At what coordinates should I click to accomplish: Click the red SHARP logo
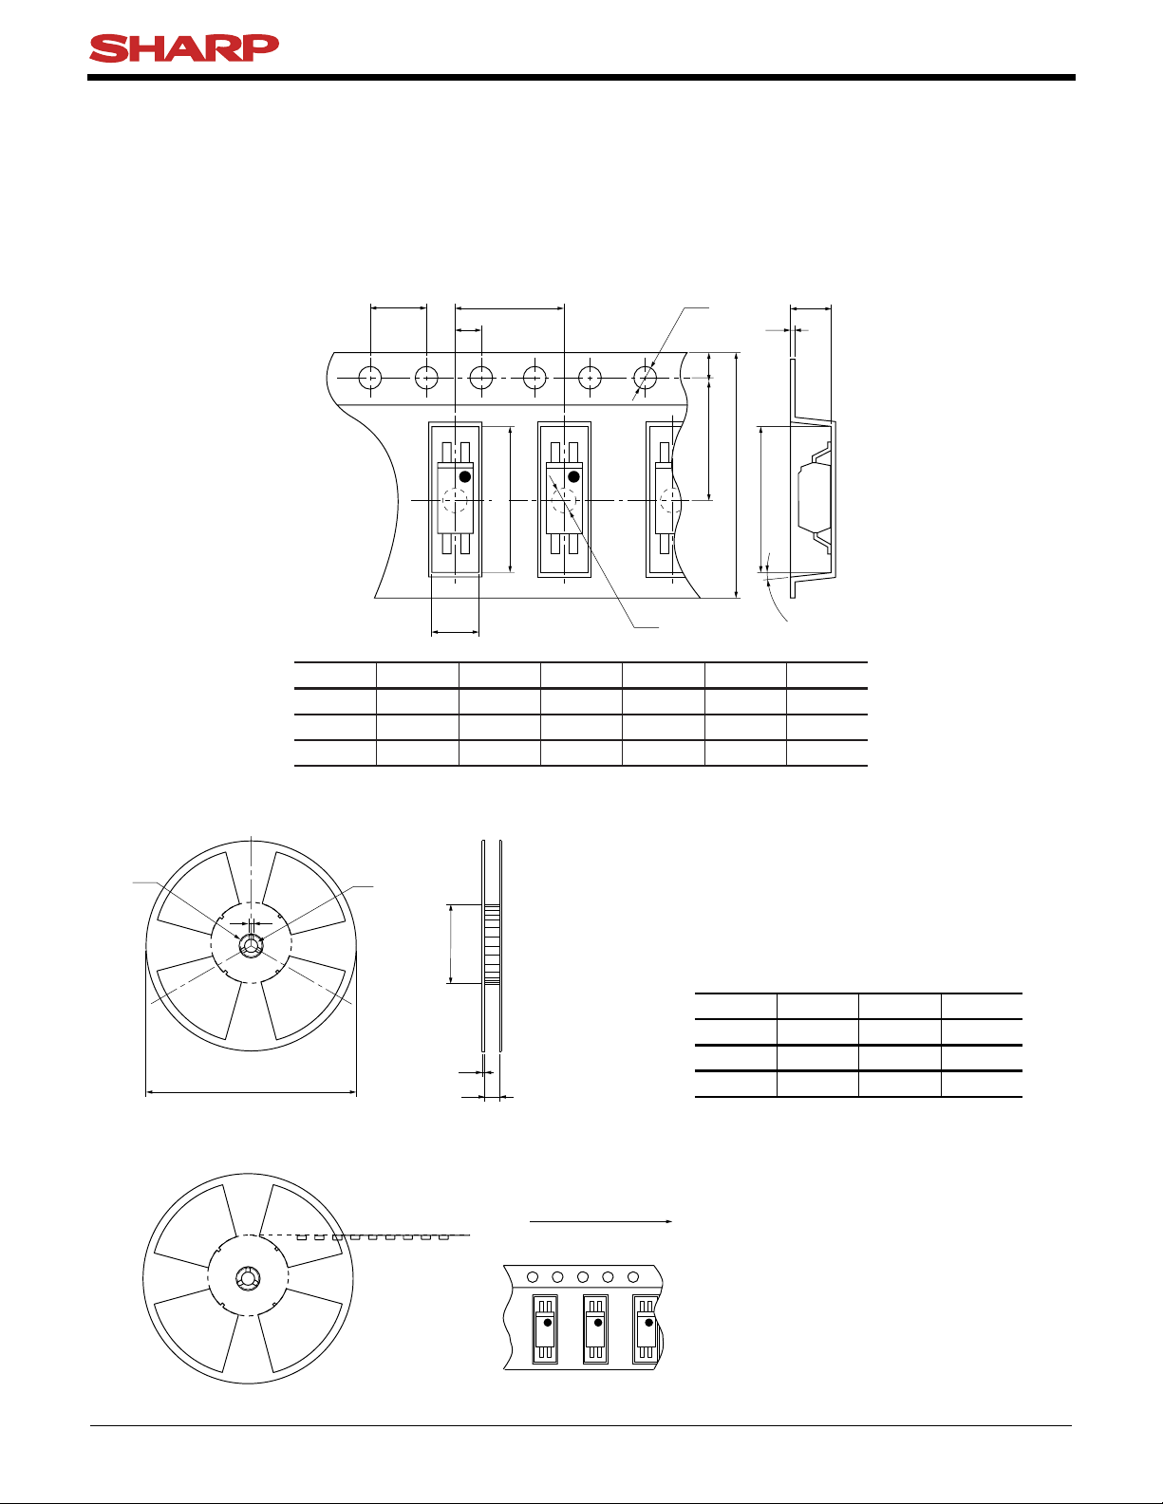click(184, 48)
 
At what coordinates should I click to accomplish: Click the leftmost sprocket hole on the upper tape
click(370, 378)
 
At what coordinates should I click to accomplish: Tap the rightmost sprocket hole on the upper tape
click(646, 378)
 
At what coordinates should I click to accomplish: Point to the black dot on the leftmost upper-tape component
click(465, 477)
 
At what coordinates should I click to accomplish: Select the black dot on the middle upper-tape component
click(573, 477)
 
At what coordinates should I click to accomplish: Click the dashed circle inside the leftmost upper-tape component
click(456, 500)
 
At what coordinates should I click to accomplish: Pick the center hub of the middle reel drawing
click(251, 945)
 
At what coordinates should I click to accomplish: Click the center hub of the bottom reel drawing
click(248, 1278)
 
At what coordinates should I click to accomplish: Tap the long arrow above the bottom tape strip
click(601, 1221)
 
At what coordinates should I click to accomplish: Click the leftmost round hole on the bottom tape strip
click(533, 1277)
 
